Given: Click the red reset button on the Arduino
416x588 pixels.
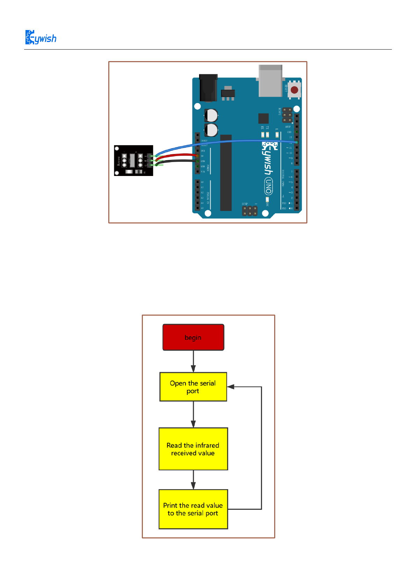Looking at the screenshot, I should (294, 90).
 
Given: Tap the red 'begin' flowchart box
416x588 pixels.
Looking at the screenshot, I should (193, 337).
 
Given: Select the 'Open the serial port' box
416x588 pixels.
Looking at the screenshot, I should (193, 387).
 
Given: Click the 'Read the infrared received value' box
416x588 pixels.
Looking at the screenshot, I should (193, 449).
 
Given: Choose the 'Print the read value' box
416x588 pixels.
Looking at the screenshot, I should (193, 509).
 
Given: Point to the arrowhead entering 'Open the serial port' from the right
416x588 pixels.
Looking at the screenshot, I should (231, 387).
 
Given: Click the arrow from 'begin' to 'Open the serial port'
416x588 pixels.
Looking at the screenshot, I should (193, 361).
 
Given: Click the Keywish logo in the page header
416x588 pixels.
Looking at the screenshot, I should (41, 38).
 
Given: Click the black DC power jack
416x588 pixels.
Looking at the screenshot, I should (208, 87).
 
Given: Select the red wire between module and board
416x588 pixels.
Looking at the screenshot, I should (176, 155).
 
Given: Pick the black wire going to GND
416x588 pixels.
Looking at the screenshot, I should (176, 161).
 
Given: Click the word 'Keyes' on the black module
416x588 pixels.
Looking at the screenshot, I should (119, 161).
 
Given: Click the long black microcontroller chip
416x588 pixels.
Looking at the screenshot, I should (226, 173).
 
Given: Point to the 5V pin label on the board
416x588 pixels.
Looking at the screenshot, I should (202, 156).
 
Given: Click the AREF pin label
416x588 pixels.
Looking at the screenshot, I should (288, 127).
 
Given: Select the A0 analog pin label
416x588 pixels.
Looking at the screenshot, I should (202, 182).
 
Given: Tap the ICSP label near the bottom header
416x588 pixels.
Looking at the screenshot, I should (245, 204).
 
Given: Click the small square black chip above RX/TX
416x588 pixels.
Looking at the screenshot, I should (263, 118).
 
